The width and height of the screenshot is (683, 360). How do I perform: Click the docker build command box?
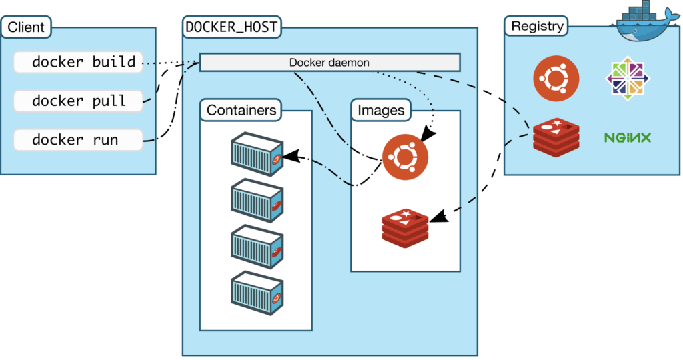click(78, 63)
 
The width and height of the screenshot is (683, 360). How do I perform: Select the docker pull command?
click(78, 101)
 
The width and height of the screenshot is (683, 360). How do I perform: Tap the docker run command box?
click(78, 140)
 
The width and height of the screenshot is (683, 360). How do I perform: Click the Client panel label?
click(26, 27)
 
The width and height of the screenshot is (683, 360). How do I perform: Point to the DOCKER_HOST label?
click(232, 27)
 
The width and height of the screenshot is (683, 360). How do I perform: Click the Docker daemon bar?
click(329, 62)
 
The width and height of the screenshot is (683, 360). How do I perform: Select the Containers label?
click(241, 110)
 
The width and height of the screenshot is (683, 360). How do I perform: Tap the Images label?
click(381, 110)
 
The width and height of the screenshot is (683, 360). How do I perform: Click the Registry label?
click(536, 27)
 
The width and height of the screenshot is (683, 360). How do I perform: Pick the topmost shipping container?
click(257, 154)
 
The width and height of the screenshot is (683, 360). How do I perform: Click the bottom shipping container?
click(257, 292)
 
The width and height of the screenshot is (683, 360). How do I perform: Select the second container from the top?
click(257, 201)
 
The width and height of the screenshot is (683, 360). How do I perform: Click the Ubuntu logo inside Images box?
click(405, 157)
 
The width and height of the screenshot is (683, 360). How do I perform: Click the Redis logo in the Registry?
click(556, 137)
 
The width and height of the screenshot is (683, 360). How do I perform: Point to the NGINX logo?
click(627, 138)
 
